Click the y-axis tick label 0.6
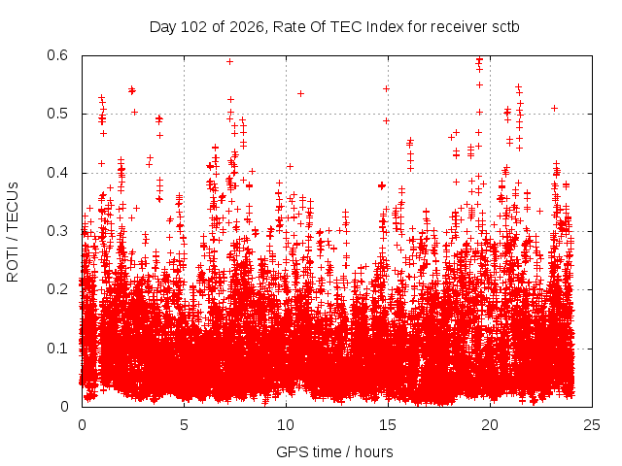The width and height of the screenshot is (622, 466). point(57,55)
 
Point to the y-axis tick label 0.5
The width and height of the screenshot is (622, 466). point(57,114)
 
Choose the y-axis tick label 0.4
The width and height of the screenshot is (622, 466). point(57,173)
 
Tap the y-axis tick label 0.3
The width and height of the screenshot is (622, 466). point(57,231)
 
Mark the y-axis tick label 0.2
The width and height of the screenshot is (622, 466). point(57,289)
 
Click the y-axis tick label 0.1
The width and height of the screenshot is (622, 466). point(57,349)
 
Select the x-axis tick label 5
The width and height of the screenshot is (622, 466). point(184,425)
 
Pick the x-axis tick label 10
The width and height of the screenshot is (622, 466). point(286,425)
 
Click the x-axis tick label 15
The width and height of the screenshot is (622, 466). point(388,425)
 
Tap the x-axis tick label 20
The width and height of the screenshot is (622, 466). point(490,425)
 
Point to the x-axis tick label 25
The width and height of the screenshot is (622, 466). point(592,425)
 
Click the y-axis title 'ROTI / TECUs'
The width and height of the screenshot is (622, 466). point(13,232)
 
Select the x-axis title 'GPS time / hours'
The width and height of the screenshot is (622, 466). point(334,451)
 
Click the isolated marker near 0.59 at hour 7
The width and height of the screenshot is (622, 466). point(229,61)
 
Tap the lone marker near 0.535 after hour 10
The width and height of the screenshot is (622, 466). point(300,93)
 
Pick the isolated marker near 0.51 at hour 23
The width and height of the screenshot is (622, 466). point(555,108)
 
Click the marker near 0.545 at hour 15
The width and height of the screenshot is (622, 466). point(387,88)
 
